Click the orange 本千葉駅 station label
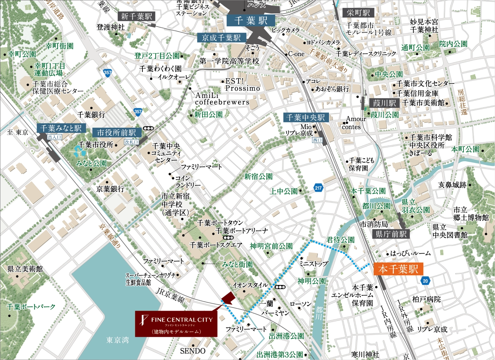(398, 269)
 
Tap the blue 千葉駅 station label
(251, 21)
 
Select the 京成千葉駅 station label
(221, 38)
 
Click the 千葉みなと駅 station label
(61, 128)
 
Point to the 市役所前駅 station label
(117, 132)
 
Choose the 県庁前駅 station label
(391, 234)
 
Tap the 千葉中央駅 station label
(306, 117)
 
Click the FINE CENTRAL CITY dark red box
(176, 324)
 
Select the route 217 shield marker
(318, 188)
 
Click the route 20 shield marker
(425, 281)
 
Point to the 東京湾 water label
(117, 340)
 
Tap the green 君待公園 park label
(341, 240)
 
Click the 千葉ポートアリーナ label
(242, 231)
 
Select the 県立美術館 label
(25, 269)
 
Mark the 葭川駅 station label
(384, 103)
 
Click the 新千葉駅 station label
(136, 16)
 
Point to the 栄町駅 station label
(358, 13)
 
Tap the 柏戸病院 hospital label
(426, 299)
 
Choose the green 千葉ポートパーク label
(31, 307)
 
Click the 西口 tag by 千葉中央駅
(317, 140)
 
